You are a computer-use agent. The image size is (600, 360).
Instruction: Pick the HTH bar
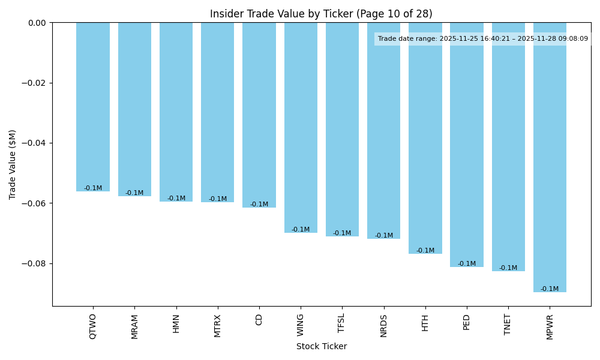coord(425,138)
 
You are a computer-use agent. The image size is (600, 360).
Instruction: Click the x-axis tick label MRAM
coord(134,326)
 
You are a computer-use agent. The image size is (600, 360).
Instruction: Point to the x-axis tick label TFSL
coord(342,323)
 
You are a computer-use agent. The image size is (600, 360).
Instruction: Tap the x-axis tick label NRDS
coord(383,325)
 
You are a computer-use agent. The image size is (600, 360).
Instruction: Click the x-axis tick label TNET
coord(508,323)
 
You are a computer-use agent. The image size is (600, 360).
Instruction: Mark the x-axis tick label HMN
coord(176,323)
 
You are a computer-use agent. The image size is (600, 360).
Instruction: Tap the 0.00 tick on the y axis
coord(37,23)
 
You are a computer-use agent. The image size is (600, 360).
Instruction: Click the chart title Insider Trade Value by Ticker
coord(321,14)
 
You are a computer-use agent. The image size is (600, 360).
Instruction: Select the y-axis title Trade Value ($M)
coord(13,164)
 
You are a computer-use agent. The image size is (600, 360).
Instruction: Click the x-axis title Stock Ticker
coord(321,346)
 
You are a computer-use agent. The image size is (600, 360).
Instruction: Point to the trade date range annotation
coord(483,39)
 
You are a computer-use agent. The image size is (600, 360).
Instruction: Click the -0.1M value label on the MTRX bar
coord(218,199)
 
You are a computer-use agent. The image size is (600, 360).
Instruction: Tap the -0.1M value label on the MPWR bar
coord(550,289)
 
